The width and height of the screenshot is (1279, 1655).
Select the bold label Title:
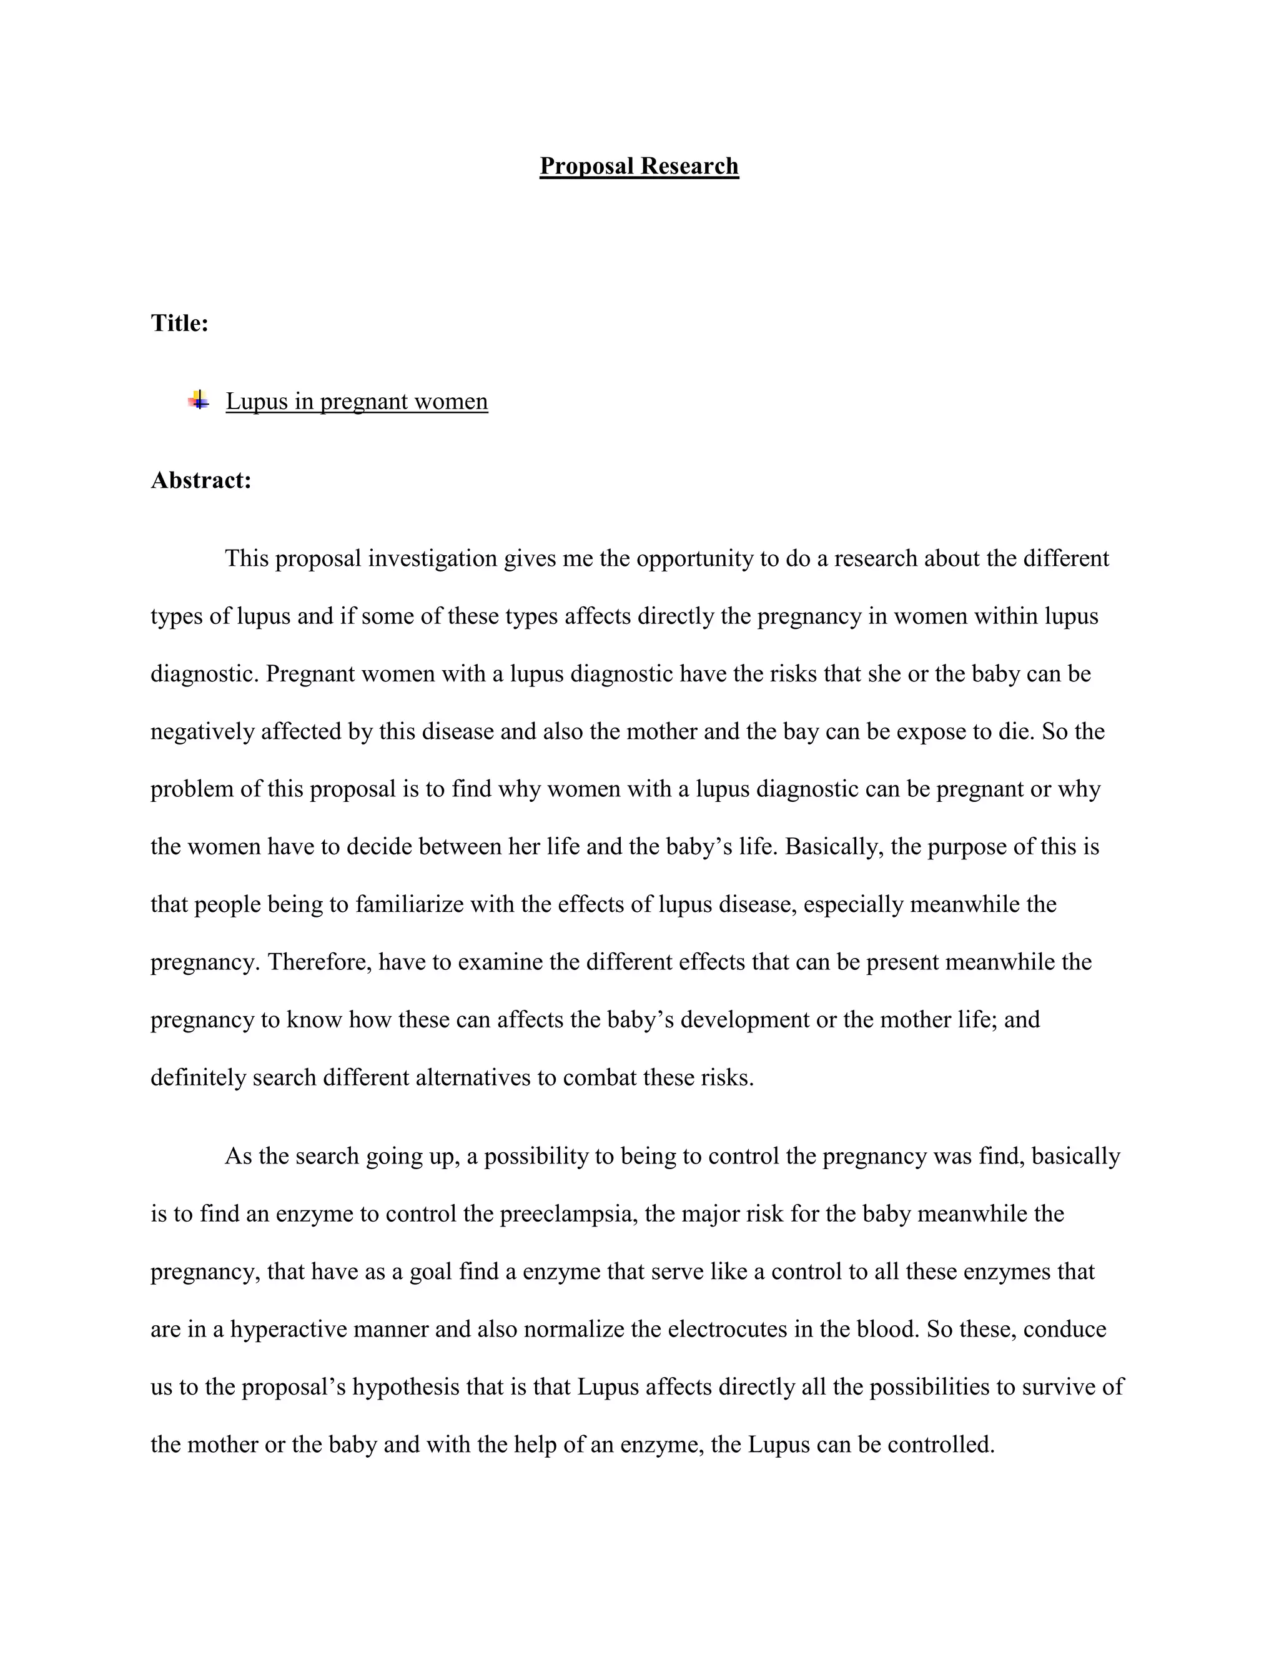pos(180,324)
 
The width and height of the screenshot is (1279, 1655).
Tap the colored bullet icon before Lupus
pos(199,400)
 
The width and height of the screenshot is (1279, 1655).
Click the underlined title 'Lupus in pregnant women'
pos(357,401)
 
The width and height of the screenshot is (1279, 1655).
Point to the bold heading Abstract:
pos(201,480)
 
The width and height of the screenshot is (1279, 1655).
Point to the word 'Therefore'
pos(319,962)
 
